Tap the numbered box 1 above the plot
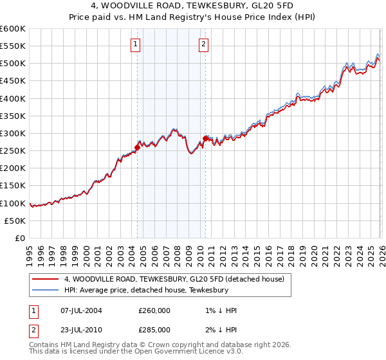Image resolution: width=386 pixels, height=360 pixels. [136, 44]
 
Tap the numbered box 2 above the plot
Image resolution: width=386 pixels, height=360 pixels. [203, 44]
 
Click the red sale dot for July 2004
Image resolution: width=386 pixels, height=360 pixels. [137, 147]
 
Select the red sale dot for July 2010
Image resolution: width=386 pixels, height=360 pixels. [205, 138]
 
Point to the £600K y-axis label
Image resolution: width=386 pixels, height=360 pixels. [13, 29]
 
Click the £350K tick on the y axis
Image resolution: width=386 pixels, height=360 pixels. [13, 116]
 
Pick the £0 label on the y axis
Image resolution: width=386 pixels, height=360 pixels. [19, 239]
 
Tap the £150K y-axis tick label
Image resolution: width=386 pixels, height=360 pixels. [13, 186]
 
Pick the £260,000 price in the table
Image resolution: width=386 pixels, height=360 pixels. [154, 310]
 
